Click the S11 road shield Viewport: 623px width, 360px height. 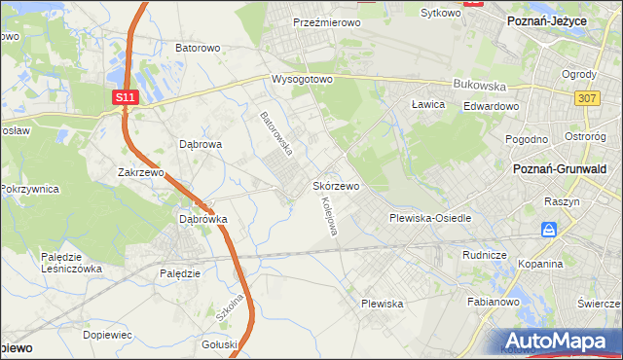[124, 98]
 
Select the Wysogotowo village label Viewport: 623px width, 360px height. [302, 79]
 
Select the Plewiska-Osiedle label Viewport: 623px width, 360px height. [430, 218]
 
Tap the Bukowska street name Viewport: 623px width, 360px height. [475, 85]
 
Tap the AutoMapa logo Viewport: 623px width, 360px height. [556, 342]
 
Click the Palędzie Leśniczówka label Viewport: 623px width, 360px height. [71, 263]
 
